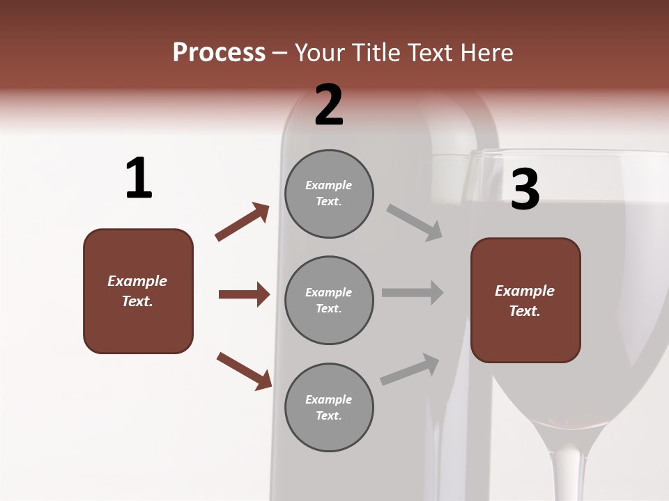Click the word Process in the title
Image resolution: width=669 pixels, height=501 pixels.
coord(219,53)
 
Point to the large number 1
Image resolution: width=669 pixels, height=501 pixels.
coord(139,178)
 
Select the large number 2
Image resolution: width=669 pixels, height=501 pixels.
coord(329,105)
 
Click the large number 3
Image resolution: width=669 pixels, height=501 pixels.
coord(525,189)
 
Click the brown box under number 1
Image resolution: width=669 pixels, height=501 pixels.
coord(138,291)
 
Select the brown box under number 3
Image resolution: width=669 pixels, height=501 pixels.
coord(525,300)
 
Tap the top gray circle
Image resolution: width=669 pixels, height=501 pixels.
coord(329,193)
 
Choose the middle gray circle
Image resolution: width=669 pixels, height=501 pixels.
coord(329,300)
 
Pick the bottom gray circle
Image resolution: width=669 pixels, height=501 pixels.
coord(329,407)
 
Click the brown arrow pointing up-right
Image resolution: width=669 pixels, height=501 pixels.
coord(243,222)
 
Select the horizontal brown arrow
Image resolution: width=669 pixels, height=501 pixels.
coord(244,294)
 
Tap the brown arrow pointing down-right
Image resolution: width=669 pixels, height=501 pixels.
coord(244,371)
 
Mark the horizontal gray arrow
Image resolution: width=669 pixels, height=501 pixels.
coord(413,293)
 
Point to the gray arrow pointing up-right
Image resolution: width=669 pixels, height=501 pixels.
coord(410,369)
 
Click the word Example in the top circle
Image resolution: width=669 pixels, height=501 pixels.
coord(329,185)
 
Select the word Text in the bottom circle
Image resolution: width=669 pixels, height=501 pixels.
coord(328,415)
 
